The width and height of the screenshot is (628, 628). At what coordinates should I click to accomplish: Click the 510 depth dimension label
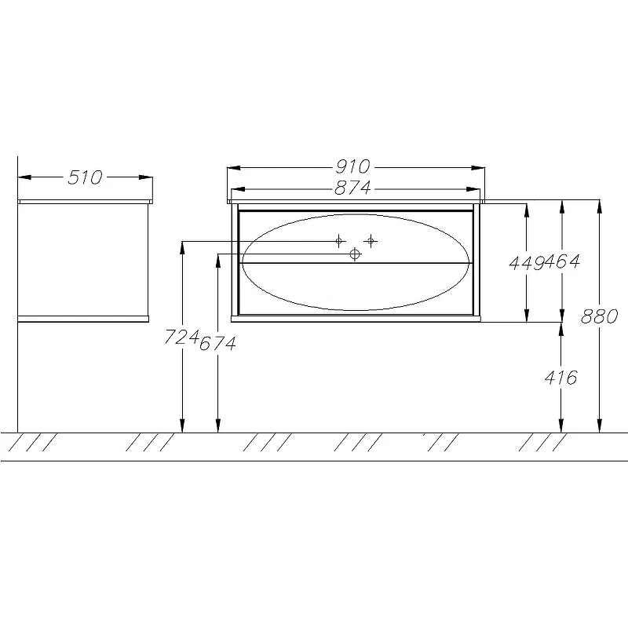85,177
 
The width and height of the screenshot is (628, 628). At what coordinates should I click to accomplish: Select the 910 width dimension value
352,166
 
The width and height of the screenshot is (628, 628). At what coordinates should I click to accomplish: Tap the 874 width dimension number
352,188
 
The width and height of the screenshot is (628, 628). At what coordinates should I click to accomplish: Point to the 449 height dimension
527,263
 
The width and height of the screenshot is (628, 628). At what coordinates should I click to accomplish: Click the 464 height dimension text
562,262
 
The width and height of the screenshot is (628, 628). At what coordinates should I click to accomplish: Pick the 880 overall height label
599,316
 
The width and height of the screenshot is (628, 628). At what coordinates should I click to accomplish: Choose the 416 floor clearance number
560,378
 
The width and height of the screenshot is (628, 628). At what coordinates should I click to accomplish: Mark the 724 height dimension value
181,337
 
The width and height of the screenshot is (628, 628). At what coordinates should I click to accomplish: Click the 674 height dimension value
217,343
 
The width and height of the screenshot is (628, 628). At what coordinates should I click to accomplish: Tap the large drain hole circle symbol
355,254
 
